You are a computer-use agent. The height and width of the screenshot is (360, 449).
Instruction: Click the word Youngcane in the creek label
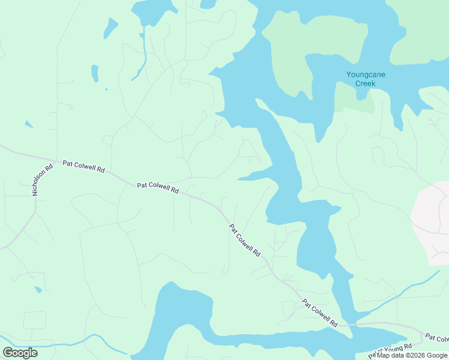pos(366,75)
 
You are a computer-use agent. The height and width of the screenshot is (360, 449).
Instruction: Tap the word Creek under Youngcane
pos(365,83)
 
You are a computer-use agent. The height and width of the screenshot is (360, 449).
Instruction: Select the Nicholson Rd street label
pos(43,179)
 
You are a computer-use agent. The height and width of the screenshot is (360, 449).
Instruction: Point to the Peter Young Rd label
pos(391,350)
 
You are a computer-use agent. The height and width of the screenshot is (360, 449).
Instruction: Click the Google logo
pos(20,352)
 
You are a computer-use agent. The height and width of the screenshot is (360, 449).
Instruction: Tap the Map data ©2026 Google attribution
pos(412,355)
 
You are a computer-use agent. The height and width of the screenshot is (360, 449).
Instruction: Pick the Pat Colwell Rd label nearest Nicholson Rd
pos(83,166)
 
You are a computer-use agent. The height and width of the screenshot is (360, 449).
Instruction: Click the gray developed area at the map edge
pos(432,222)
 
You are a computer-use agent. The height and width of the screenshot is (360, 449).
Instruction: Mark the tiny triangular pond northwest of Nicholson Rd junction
pos(28,124)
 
